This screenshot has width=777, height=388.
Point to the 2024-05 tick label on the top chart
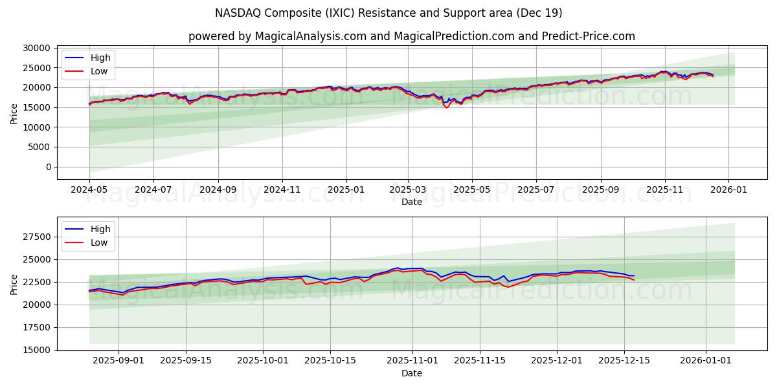[x=89, y=189]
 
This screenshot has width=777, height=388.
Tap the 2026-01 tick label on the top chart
[x=728, y=189]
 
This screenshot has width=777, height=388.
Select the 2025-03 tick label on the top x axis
[x=408, y=189]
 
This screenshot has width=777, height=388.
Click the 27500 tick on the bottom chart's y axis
[x=38, y=237]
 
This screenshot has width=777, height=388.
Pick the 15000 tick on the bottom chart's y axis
[x=38, y=350]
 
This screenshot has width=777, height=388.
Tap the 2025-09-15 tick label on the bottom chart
[x=186, y=360]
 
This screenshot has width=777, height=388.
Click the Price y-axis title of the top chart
[x=14, y=113]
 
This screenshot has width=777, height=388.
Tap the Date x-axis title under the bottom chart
[x=411, y=373]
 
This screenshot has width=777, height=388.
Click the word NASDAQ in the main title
[x=237, y=13]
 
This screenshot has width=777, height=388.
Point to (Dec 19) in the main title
[x=539, y=13]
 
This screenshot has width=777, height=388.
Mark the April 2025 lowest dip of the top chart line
[x=447, y=107]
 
